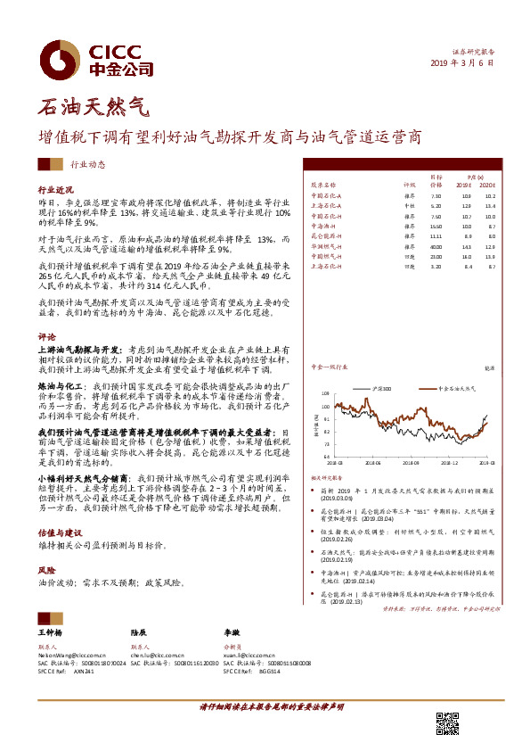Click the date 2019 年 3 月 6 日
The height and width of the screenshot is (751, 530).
tap(462, 63)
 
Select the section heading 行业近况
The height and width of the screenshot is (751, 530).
tap(55, 191)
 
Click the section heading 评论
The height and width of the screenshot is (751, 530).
tap(46, 337)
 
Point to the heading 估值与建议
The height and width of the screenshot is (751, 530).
tap(59, 528)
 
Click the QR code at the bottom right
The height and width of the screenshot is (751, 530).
tap(447, 724)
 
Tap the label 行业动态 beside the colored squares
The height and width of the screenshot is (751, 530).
tap(87, 164)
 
